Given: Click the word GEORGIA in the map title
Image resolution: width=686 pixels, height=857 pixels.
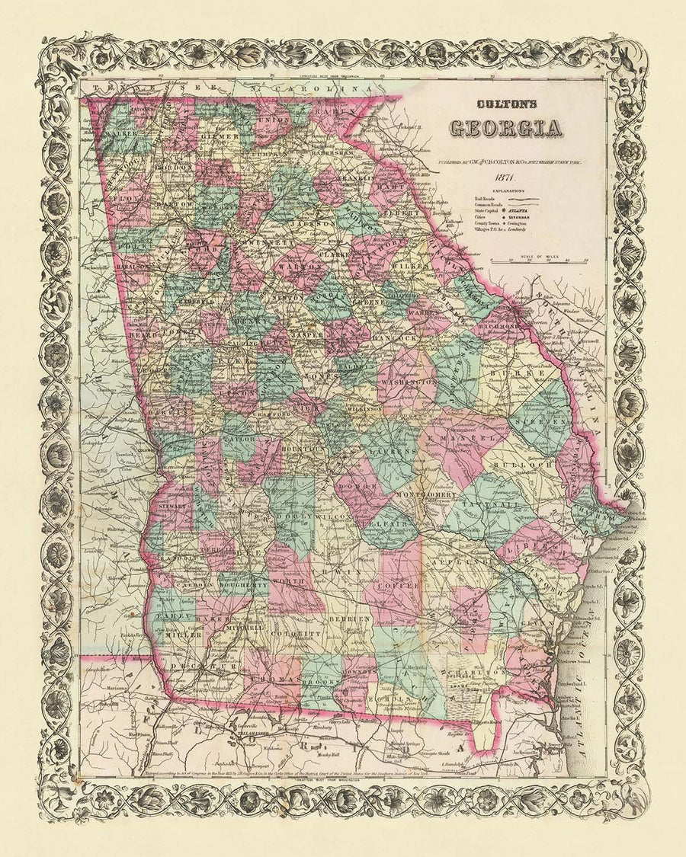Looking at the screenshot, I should click(x=505, y=129).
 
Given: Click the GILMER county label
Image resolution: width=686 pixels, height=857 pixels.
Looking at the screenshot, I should click(x=218, y=136).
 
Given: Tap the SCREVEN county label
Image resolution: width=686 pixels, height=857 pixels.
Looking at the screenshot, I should click(x=540, y=421).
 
